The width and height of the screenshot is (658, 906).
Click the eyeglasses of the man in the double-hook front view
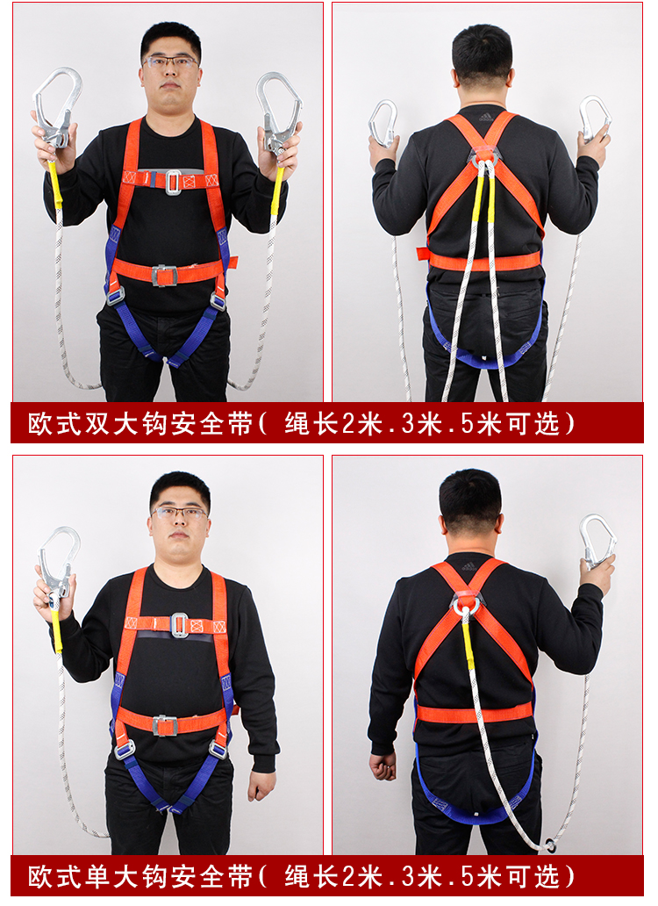(x=170, y=61)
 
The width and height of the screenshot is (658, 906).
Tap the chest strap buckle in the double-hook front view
(x=173, y=181)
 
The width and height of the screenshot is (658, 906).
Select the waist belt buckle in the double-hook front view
(x=164, y=275)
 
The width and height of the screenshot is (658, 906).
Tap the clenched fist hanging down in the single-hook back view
(x=383, y=766)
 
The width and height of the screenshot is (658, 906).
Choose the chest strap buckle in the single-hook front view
(x=179, y=624)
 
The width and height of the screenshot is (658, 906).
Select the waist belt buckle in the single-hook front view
(x=164, y=725)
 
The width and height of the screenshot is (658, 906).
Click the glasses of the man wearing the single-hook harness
(x=179, y=512)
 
